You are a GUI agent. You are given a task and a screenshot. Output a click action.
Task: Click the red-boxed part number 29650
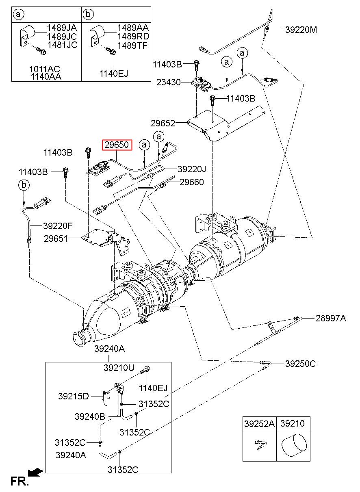pyautogui.click(x=117, y=144)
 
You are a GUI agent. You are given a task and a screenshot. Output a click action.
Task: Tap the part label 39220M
pyautogui.click(x=301, y=30)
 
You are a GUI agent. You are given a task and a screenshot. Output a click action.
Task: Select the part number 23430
pyautogui.click(x=168, y=82)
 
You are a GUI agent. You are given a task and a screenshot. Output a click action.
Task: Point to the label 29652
pyautogui.click(x=163, y=123)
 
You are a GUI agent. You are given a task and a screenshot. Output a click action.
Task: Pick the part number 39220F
pyautogui.click(x=58, y=226)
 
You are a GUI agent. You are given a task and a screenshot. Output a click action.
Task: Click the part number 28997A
pyautogui.click(x=331, y=319)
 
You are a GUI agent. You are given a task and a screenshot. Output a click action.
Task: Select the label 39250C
pyautogui.click(x=300, y=364)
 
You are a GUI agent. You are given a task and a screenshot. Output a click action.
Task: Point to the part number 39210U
pyautogui.click(x=118, y=368)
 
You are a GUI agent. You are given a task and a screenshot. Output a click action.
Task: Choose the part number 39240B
pyautogui.click(x=90, y=416)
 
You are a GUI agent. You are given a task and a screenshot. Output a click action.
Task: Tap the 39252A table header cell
pyautogui.click(x=259, y=424)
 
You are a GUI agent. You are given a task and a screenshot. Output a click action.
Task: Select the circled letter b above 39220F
pyautogui.click(x=24, y=185)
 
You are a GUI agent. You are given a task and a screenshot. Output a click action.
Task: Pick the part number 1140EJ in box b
pyautogui.click(x=114, y=73)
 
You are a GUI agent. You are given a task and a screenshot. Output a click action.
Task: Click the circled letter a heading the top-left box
pyautogui.click(x=18, y=15)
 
